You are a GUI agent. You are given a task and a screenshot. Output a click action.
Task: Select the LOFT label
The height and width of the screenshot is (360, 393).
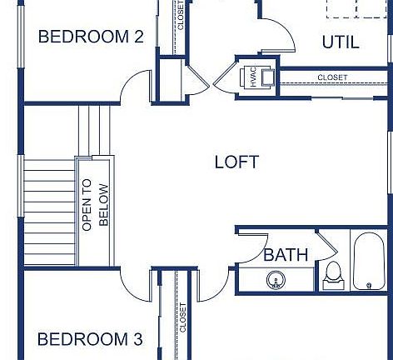236,162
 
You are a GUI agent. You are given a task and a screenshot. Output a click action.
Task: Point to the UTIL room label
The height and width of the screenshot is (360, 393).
341,42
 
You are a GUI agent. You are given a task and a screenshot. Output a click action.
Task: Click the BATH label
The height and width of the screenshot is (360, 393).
286,255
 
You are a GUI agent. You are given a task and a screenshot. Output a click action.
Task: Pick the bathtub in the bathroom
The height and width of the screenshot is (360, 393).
371,262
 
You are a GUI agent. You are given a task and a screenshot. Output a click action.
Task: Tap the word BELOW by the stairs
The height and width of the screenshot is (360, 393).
103,204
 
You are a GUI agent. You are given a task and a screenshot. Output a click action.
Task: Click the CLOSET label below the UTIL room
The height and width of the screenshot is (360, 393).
332,77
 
